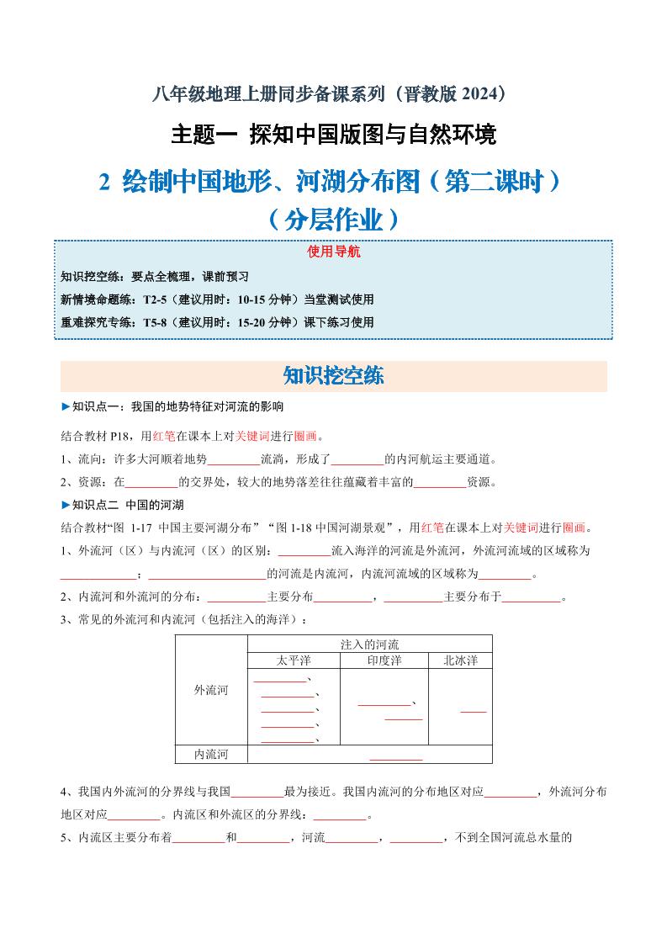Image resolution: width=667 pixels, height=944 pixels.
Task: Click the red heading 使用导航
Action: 334,252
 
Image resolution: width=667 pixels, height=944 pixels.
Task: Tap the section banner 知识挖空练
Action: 334,376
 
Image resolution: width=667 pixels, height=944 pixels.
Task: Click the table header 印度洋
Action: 384,660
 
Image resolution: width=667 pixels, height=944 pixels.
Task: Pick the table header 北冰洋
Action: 460,660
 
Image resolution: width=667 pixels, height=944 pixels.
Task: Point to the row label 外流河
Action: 211,690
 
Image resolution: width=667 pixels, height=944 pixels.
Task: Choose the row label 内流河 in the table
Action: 211,754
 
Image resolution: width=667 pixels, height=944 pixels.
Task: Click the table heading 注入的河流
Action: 370,644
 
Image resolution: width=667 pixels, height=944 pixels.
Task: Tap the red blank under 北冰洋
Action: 474,712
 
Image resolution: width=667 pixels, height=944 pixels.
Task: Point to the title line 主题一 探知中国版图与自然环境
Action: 334,135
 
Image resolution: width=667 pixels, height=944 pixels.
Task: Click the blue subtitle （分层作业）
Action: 334,220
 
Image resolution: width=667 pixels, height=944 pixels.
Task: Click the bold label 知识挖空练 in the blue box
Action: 89,277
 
